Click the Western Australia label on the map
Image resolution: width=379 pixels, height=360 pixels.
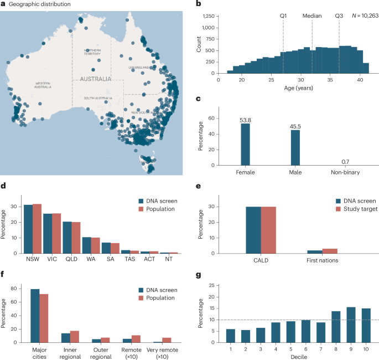point(43,85)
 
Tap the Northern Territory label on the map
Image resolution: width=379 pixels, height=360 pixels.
point(92,52)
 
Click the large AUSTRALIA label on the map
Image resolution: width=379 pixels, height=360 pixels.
point(95,79)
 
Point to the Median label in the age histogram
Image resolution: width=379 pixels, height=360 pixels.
point(312,16)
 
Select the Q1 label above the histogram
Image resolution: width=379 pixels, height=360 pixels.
point(283,16)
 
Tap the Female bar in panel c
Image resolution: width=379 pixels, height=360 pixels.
point(245,144)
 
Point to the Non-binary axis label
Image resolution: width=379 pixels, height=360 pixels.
point(346,172)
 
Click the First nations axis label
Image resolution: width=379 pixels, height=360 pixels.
point(322,259)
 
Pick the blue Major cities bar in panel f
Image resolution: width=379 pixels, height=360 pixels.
point(34,314)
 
